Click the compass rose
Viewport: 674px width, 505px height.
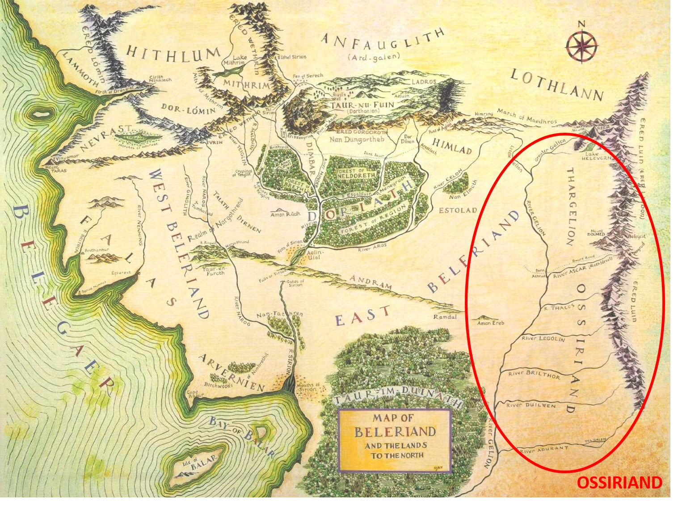click(582, 46)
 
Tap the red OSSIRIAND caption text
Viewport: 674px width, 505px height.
click(619, 483)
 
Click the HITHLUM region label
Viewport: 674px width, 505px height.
click(172, 55)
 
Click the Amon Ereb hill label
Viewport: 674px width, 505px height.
click(490, 323)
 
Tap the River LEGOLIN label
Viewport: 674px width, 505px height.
click(543, 339)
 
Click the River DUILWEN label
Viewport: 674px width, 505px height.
click(531, 405)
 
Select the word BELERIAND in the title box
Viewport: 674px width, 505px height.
click(395, 432)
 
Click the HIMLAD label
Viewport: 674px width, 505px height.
click(452, 146)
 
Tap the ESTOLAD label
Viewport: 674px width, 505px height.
click(458, 210)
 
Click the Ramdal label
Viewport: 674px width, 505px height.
click(445, 317)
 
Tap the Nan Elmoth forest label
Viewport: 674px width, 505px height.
click(462, 196)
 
